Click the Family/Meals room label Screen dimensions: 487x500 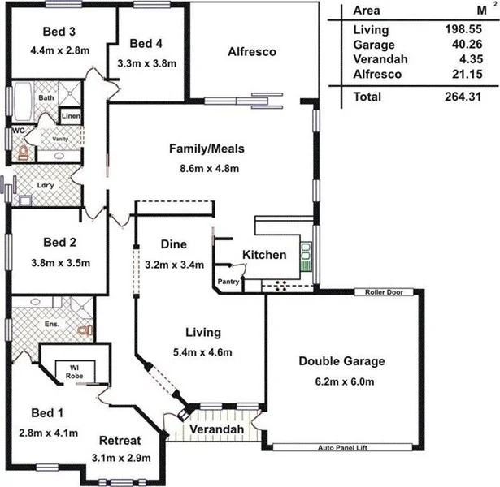pos(207,149)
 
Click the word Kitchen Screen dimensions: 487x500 pos(264,255)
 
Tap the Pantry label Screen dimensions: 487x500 pos(226,282)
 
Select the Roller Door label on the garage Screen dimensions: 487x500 pos(385,292)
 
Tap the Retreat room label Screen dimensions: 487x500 pos(120,441)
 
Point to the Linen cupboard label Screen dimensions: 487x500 pos(70,116)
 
